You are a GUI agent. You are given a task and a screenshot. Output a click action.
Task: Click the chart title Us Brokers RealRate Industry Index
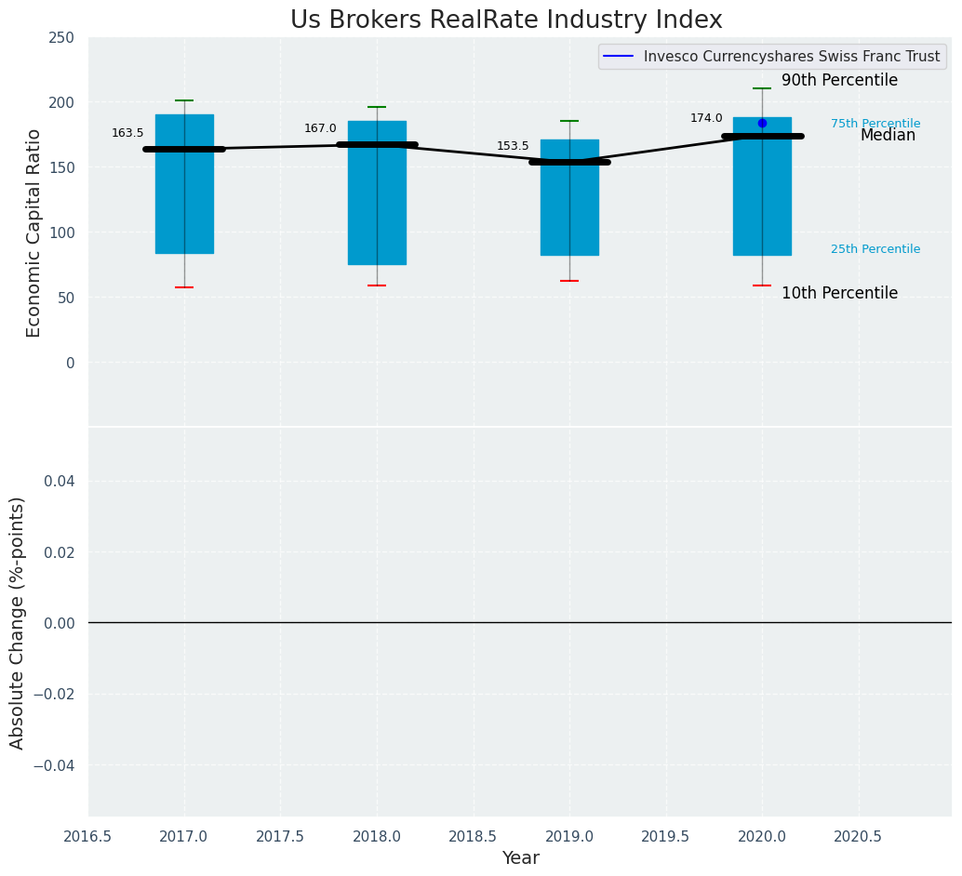(506, 20)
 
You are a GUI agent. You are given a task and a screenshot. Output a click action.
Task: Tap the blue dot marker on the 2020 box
(762, 123)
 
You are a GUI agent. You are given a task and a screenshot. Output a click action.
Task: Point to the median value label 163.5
(127, 133)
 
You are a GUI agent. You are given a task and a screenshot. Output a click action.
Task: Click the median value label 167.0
(320, 128)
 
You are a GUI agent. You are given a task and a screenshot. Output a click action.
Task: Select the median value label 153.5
(513, 146)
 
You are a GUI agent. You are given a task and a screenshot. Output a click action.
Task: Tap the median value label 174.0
(706, 118)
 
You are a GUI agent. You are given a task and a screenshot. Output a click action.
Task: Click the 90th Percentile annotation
(839, 81)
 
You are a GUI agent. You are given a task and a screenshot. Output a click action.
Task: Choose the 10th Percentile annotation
(839, 294)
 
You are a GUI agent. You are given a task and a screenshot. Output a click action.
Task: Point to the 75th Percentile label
(875, 124)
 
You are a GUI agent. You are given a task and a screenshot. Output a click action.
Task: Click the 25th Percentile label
(875, 249)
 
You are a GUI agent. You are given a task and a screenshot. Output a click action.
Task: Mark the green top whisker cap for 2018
(377, 107)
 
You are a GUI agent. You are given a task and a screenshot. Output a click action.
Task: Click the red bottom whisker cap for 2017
(184, 287)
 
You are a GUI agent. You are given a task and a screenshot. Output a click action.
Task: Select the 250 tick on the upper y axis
(61, 37)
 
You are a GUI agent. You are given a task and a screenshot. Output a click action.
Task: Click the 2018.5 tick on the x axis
(473, 837)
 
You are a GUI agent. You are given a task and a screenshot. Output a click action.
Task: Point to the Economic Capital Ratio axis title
(34, 232)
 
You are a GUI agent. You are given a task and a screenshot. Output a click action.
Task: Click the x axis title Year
(520, 858)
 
